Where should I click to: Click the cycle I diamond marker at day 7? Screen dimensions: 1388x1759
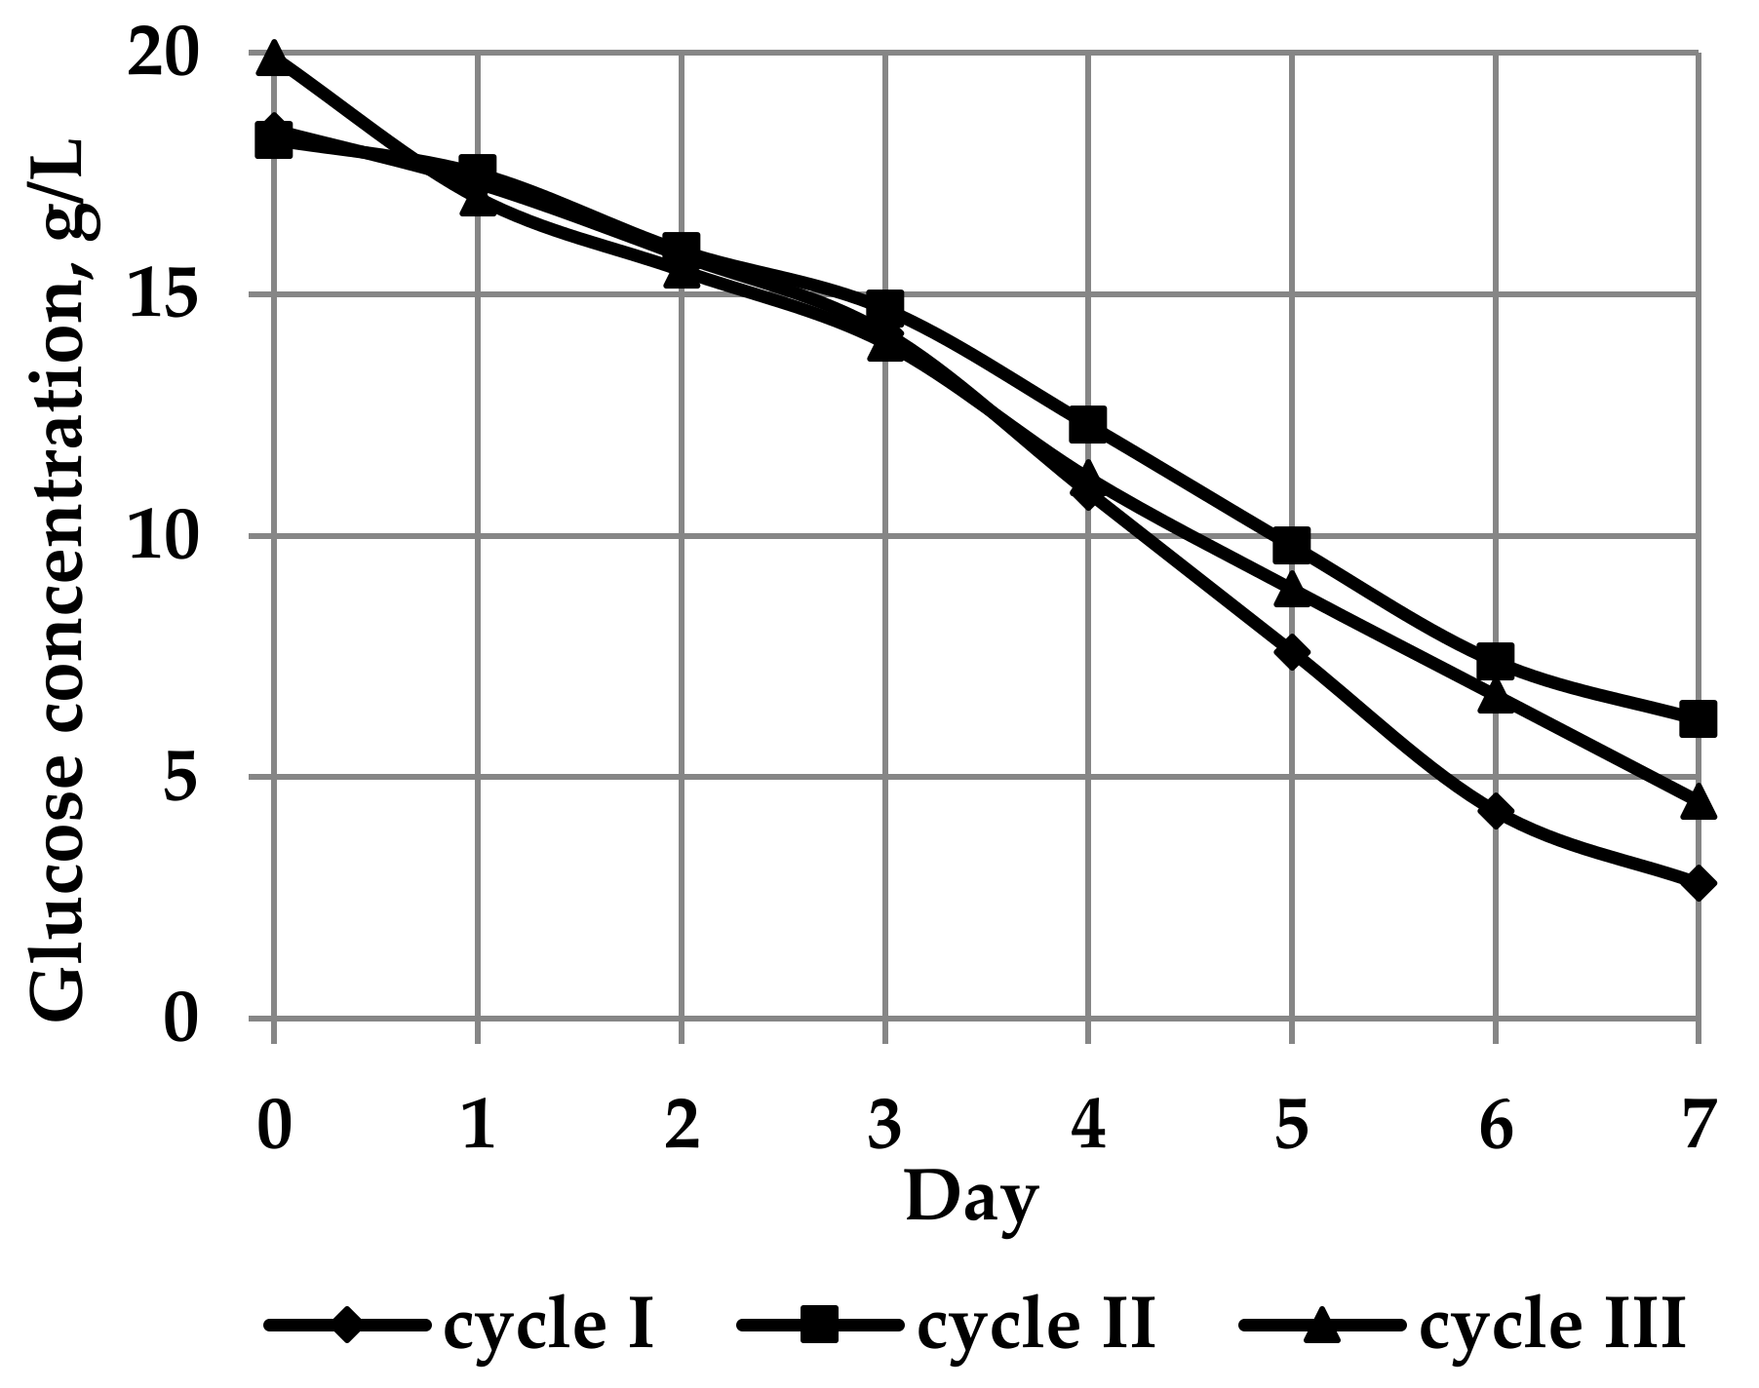1698,884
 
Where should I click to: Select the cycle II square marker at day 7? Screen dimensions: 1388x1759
1698,720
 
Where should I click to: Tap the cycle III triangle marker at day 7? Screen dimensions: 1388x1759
1698,801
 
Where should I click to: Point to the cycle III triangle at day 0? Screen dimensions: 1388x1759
274,58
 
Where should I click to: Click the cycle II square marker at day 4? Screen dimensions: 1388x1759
1087,424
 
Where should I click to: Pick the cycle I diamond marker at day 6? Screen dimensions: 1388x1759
1495,811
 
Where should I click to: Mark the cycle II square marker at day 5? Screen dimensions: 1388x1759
1291,546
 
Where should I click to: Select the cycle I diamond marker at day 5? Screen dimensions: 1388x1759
1291,652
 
